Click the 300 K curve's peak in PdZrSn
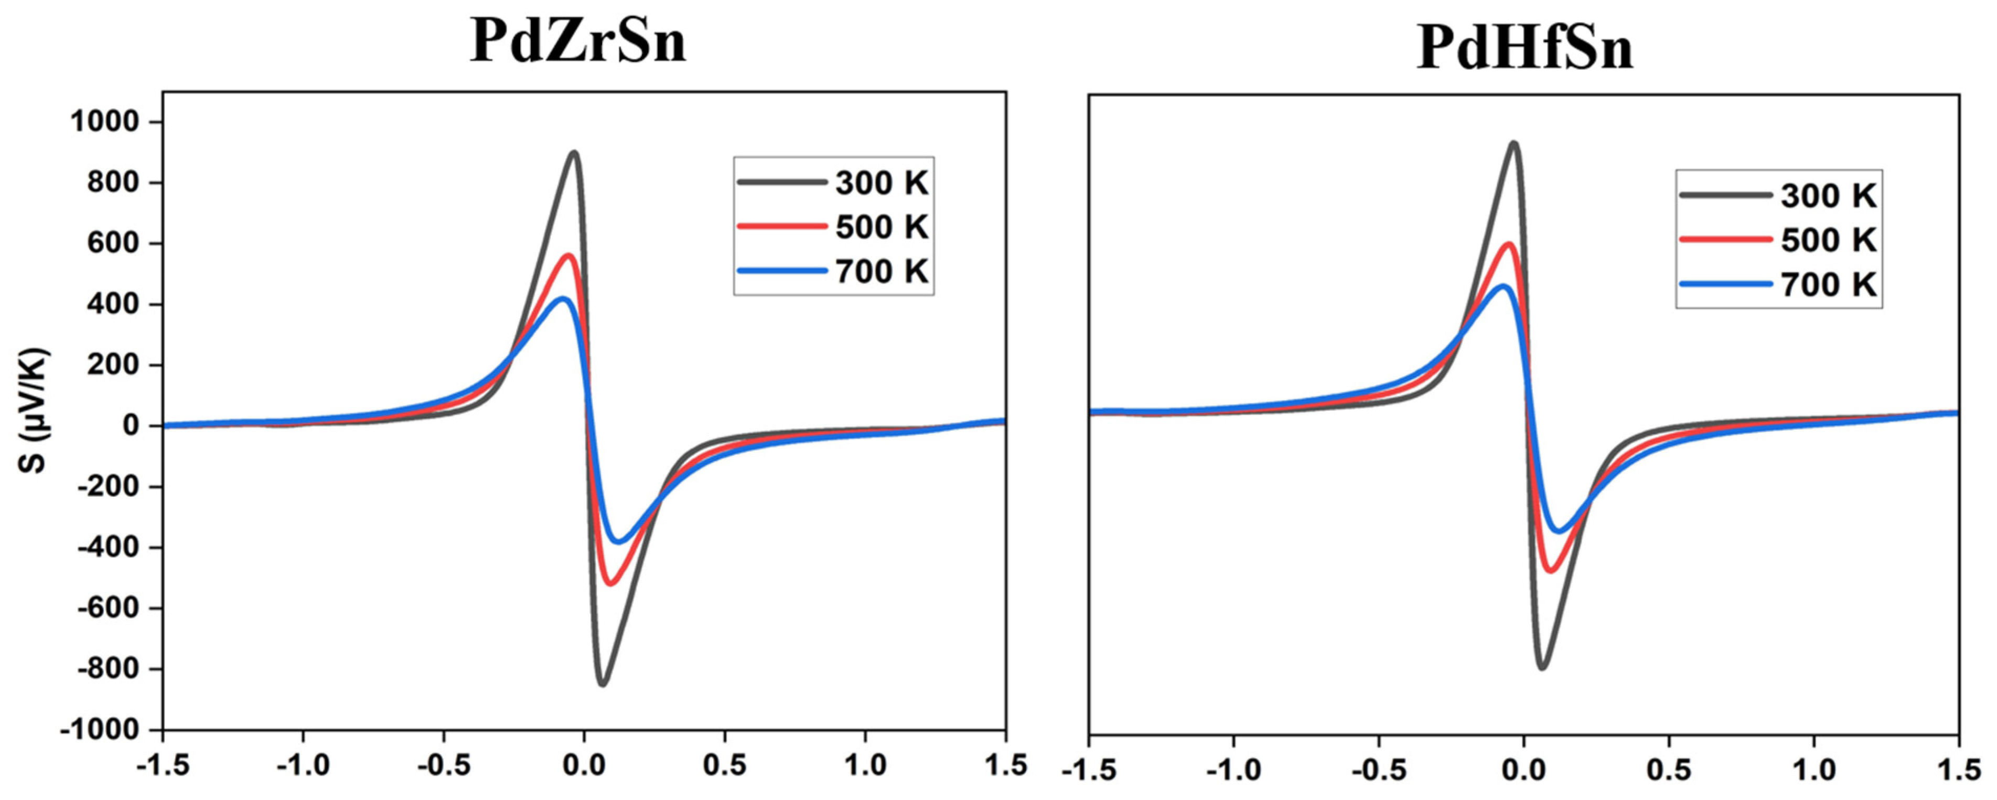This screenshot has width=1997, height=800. [574, 153]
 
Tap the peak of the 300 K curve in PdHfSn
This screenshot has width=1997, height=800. [1513, 143]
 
